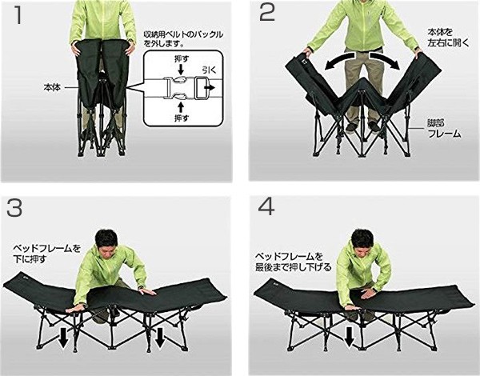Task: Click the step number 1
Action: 18,14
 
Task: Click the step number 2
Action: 267,12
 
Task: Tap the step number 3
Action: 14,208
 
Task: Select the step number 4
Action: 266,206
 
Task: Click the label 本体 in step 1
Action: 52,88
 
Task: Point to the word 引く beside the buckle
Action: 209,70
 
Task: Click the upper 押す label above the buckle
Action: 181,58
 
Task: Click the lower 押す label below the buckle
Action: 181,118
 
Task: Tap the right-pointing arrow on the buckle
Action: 210,87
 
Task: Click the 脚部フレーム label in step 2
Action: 444,129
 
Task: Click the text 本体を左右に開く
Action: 447,38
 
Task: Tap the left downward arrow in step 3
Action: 63,338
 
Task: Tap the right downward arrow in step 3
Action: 160,338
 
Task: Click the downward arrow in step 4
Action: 350,337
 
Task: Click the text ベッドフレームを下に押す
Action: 46,254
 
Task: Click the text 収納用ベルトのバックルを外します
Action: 183,38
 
